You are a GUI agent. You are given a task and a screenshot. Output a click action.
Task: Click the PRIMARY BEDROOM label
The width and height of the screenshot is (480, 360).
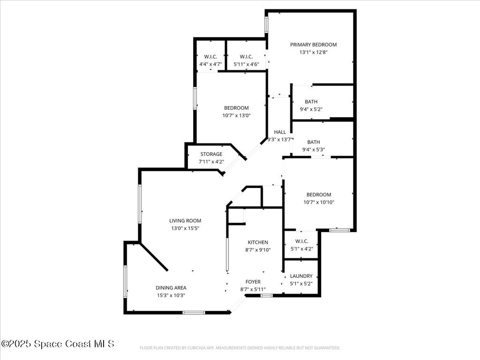tap(313, 45)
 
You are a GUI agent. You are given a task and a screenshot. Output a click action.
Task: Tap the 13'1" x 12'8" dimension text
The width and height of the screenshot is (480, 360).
tap(313, 52)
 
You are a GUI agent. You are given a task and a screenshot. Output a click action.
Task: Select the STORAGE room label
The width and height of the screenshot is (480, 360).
tap(211, 154)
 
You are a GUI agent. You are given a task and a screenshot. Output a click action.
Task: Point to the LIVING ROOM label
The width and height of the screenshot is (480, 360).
tap(185, 221)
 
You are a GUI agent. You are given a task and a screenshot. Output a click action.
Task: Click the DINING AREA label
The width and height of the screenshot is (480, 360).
tap(171, 288)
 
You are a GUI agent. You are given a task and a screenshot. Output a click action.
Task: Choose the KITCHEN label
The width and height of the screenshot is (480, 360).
tap(258, 242)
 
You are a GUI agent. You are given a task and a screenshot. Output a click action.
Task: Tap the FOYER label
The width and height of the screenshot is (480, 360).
tap(253, 282)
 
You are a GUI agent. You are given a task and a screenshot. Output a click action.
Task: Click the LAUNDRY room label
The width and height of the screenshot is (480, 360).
tap(301, 276)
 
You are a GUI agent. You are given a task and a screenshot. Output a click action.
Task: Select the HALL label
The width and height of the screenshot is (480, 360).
tap(280, 132)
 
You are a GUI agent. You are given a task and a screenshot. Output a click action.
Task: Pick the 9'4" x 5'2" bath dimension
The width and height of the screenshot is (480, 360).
tap(311, 109)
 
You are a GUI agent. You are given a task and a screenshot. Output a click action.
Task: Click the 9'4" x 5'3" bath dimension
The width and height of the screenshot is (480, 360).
tap(314, 150)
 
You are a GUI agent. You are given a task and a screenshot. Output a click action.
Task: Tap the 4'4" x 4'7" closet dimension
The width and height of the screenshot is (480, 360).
tap(210, 64)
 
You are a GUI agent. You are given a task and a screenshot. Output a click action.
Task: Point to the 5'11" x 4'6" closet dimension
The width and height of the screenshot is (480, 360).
tap(246, 64)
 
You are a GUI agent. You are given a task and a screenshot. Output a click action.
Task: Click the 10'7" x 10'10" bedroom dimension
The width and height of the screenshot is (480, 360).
tap(319, 202)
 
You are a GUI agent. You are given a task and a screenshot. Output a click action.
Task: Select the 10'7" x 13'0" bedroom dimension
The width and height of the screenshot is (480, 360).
tap(236, 116)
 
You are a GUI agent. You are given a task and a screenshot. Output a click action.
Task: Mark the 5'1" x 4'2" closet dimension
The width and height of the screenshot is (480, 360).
tap(301, 249)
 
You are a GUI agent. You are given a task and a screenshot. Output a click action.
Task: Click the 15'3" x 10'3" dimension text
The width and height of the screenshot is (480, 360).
tap(171, 295)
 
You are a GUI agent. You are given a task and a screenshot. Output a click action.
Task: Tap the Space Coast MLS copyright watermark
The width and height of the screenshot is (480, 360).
tap(58, 344)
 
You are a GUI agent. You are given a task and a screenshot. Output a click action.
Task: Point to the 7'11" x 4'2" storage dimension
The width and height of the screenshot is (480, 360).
tap(211, 162)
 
